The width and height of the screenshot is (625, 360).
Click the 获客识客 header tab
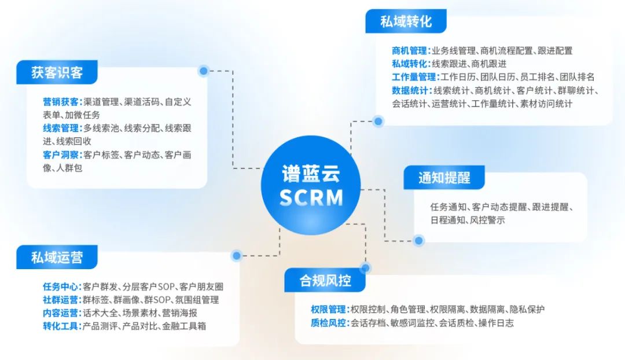click(57, 72)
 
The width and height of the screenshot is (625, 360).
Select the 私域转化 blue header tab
click(406, 21)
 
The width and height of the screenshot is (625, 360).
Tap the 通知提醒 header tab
click(444, 178)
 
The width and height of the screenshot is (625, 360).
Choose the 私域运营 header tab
click(57, 257)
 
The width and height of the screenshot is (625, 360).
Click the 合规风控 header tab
click(325, 280)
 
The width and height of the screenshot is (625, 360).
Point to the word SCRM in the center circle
click(311, 197)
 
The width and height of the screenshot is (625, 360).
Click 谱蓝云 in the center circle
click(311, 174)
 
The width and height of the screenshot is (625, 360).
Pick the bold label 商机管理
click(409, 50)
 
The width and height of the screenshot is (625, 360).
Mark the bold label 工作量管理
click(414, 77)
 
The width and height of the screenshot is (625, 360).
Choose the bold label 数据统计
click(409, 90)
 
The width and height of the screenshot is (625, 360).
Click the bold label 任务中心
click(61, 286)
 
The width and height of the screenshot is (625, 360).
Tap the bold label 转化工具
click(61, 326)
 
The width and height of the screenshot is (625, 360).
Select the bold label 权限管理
click(329, 310)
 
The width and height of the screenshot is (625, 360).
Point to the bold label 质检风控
click(329, 323)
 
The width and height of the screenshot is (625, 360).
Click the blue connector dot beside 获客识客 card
click(204, 71)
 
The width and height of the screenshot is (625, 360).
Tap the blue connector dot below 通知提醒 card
click(418, 240)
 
